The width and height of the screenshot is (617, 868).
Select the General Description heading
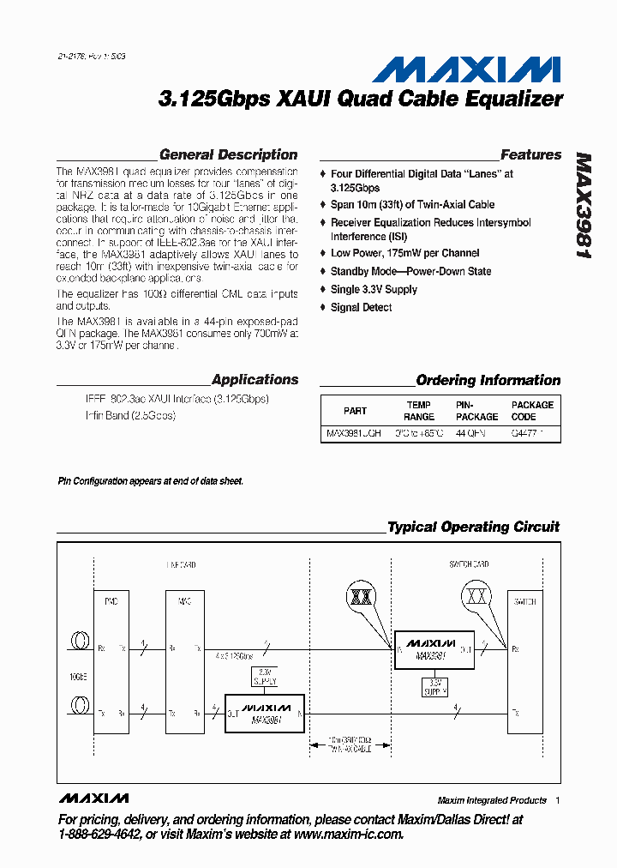click(228, 155)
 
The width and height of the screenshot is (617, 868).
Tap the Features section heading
click(530, 155)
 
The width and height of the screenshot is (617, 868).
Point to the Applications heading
click(255, 380)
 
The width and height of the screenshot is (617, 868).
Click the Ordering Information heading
click(488, 381)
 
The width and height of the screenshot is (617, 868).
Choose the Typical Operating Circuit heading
click(473, 527)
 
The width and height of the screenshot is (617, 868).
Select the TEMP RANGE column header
click(419, 411)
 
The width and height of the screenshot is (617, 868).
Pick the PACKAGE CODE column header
click(532, 411)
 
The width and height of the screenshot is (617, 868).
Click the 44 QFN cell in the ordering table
click(470, 434)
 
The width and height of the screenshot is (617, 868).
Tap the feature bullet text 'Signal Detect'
click(361, 308)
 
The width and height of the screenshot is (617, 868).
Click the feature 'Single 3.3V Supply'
click(374, 290)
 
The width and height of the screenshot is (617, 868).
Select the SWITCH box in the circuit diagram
click(524, 660)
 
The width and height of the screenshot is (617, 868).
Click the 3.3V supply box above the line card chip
click(265, 677)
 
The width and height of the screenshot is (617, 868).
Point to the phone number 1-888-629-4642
click(93, 835)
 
